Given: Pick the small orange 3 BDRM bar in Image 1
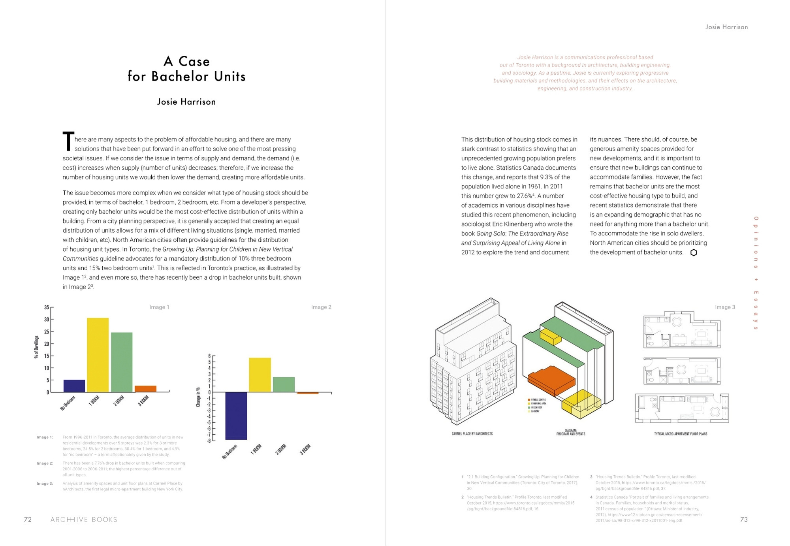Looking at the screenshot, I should coord(145,389).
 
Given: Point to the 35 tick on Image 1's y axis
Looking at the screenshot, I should coord(47,307).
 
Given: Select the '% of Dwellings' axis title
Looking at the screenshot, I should coord(36,347).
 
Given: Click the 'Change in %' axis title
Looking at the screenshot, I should coord(198,397).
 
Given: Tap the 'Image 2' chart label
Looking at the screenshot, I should coord(321,307).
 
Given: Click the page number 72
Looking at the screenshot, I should coord(28,520).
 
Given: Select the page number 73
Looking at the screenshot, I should coord(744,520).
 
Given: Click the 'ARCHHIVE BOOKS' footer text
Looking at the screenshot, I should coord(84,520).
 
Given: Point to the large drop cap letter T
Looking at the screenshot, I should coord(68,141).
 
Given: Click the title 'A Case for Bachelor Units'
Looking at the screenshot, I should coord(186,69).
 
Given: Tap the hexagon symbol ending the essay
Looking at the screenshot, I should coord(694,252).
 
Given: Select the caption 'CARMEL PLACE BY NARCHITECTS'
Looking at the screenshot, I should coord(472,434).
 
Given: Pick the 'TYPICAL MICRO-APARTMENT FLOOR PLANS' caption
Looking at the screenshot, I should coord(681,434).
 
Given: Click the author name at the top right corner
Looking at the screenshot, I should coord(726,27).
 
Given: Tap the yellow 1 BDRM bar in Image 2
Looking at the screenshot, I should coord(260,375).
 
